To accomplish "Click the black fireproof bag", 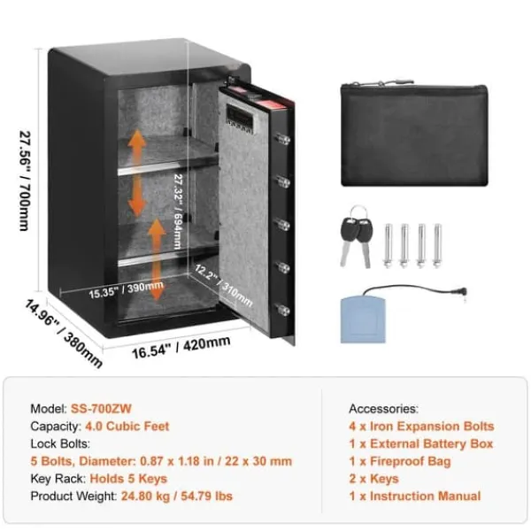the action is pos(414,134).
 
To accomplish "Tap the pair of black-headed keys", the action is pos(356,237).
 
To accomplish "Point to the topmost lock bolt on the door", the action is pos(282,139).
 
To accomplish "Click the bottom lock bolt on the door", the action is pos(282,310).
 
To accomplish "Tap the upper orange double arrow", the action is pos(137,173).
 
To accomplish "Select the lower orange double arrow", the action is pos(156,259).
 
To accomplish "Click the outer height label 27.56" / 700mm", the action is pos(25,181).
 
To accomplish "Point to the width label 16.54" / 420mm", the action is pos(181,347).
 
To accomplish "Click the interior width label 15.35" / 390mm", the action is pos(126,290).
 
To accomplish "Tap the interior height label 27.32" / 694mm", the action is pos(178,212).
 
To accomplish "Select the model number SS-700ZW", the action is pos(101,409).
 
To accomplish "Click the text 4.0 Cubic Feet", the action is pos(127,427).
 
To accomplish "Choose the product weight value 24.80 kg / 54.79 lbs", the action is pos(177,496).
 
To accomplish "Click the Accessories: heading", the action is pos(384,409).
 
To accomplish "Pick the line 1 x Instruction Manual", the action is pos(415,496).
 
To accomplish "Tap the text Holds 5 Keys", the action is pos(128,479).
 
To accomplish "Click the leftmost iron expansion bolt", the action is pos(389,246).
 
